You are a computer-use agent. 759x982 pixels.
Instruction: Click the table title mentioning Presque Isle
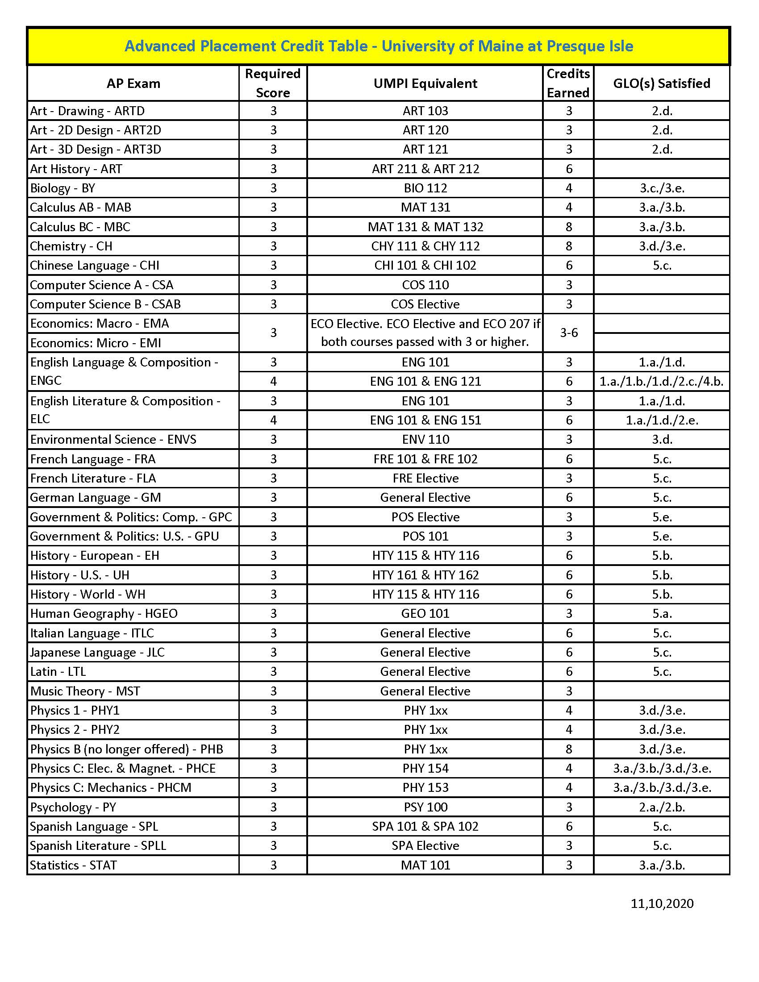tap(379, 46)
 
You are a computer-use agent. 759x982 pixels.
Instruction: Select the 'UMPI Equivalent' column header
tap(425, 83)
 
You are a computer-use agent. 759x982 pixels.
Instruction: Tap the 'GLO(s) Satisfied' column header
tap(661, 83)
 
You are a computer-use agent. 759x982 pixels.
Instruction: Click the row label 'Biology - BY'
tap(63, 188)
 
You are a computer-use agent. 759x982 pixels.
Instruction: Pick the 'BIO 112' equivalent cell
tap(425, 188)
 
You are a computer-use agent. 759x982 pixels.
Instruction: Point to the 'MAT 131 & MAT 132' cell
tap(425, 227)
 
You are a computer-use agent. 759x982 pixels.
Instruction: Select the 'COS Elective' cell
tap(425, 304)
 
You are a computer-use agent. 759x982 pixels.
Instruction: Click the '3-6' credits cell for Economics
tap(568, 333)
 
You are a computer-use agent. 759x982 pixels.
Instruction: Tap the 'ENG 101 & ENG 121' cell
tap(425, 381)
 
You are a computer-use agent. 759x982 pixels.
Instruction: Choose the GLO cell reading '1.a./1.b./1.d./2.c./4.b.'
tap(661, 381)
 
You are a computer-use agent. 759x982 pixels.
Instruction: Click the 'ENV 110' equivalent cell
tap(425, 439)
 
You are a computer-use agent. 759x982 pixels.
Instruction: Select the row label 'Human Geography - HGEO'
tap(104, 613)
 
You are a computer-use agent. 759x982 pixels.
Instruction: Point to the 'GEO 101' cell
tap(425, 613)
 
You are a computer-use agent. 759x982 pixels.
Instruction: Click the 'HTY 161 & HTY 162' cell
tap(425, 574)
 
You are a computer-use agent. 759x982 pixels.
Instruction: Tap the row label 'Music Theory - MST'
tap(85, 691)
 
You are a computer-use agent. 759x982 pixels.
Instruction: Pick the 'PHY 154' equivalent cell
tap(425, 768)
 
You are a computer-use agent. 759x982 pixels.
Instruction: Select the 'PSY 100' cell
tap(425, 807)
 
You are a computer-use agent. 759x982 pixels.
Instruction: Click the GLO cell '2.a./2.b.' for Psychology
tap(661, 807)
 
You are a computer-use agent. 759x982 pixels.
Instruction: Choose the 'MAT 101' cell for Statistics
tap(425, 865)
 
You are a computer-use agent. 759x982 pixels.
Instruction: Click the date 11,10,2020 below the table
tap(661, 903)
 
